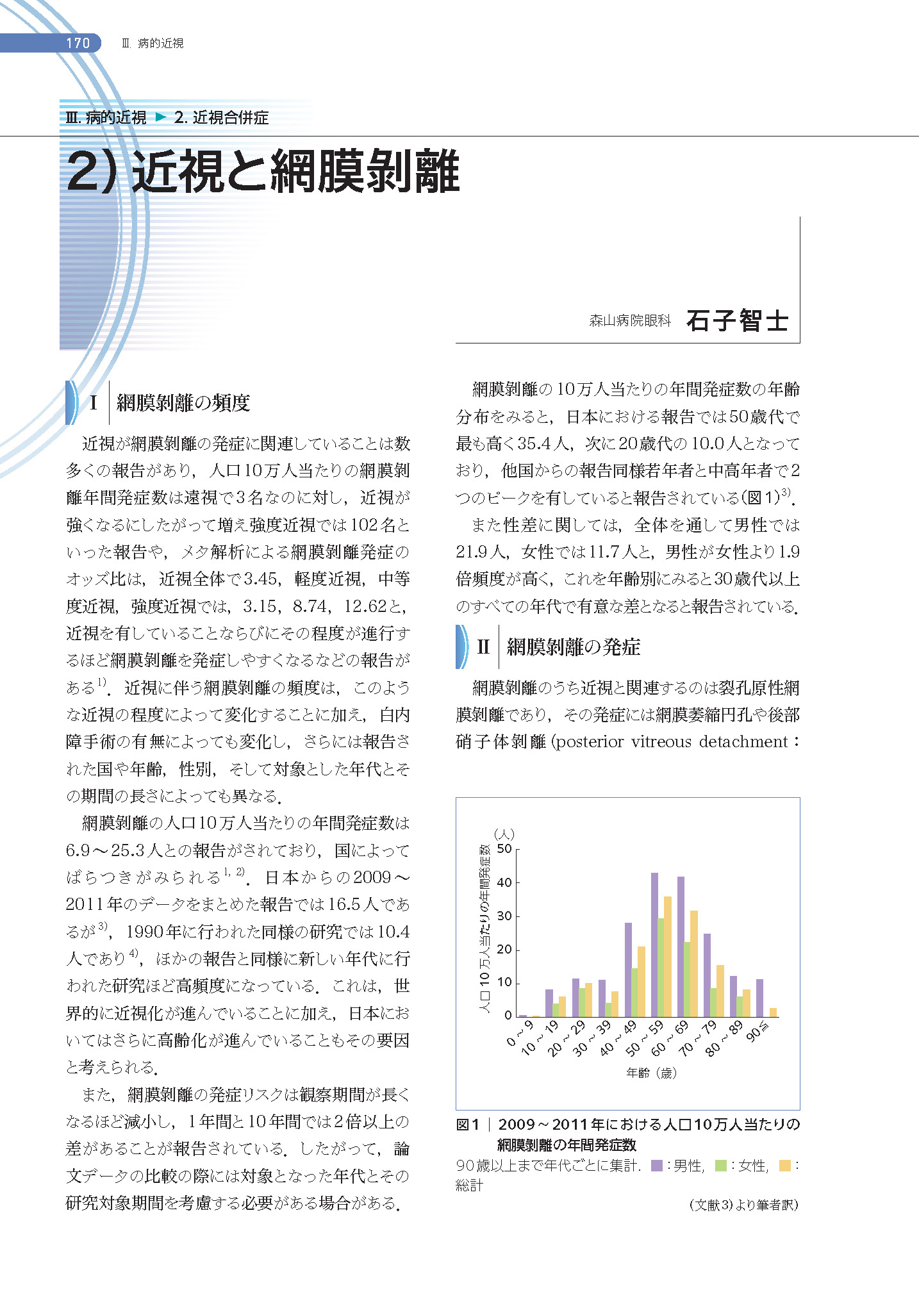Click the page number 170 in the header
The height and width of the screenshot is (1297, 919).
click(x=78, y=43)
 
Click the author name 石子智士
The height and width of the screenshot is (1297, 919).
click(x=736, y=320)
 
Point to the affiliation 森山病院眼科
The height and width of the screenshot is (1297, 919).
click(x=629, y=320)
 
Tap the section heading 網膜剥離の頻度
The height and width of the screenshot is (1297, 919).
click(x=183, y=403)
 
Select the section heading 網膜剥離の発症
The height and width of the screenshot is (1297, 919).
click(x=573, y=647)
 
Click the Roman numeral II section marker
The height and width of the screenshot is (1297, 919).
click(x=483, y=647)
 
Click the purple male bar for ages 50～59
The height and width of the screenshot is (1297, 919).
click(x=654, y=945)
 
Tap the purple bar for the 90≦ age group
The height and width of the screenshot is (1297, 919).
click(x=759, y=998)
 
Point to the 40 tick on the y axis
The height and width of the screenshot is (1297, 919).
click(x=504, y=883)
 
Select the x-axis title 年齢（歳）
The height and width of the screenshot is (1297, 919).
click(x=651, y=1073)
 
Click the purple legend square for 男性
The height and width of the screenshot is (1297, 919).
click(x=656, y=1166)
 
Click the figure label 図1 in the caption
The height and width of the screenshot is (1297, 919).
click(x=468, y=1125)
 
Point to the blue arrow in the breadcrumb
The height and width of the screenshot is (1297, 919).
click(x=161, y=117)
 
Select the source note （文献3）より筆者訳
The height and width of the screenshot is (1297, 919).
click(x=743, y=1205)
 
